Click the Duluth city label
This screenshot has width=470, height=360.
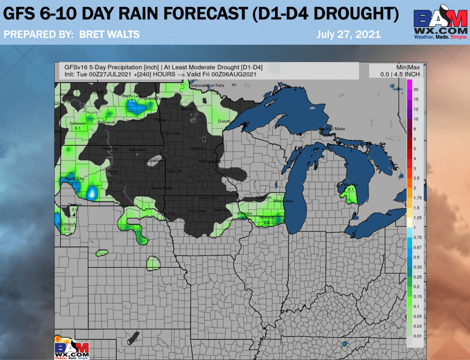click(224, 121)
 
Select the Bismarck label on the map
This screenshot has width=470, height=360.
click(106, 123)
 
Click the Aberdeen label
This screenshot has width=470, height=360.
click(138, 150)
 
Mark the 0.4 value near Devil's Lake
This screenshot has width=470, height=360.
click(132, 101)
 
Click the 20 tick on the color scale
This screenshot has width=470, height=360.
click(415, 89)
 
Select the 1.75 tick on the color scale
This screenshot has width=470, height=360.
click(418, 198)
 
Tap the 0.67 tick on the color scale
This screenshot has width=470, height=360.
click(418, 247)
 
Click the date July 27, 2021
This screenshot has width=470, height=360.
click(348, 34)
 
